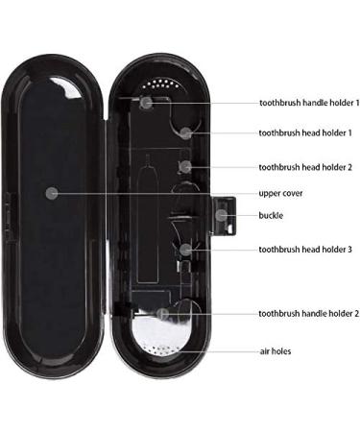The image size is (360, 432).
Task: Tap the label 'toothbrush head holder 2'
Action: tap(305, 165)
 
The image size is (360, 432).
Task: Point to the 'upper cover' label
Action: tap(281, 192)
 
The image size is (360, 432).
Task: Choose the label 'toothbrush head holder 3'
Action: tap(305, 250)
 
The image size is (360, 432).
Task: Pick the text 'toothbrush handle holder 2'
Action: tap(308, 313)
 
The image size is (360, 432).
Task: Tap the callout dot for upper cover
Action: tap(52, 192)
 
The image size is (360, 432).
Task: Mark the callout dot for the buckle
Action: tap(223, 215)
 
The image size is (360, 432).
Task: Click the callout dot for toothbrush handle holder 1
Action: tap(146, 101)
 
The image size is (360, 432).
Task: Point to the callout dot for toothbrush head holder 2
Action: tap(186, 165)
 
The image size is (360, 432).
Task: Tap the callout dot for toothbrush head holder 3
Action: tap(185, 249)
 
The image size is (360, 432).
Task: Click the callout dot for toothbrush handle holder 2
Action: tap(164, 313)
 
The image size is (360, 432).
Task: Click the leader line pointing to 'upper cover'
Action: tap(154, 192)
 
